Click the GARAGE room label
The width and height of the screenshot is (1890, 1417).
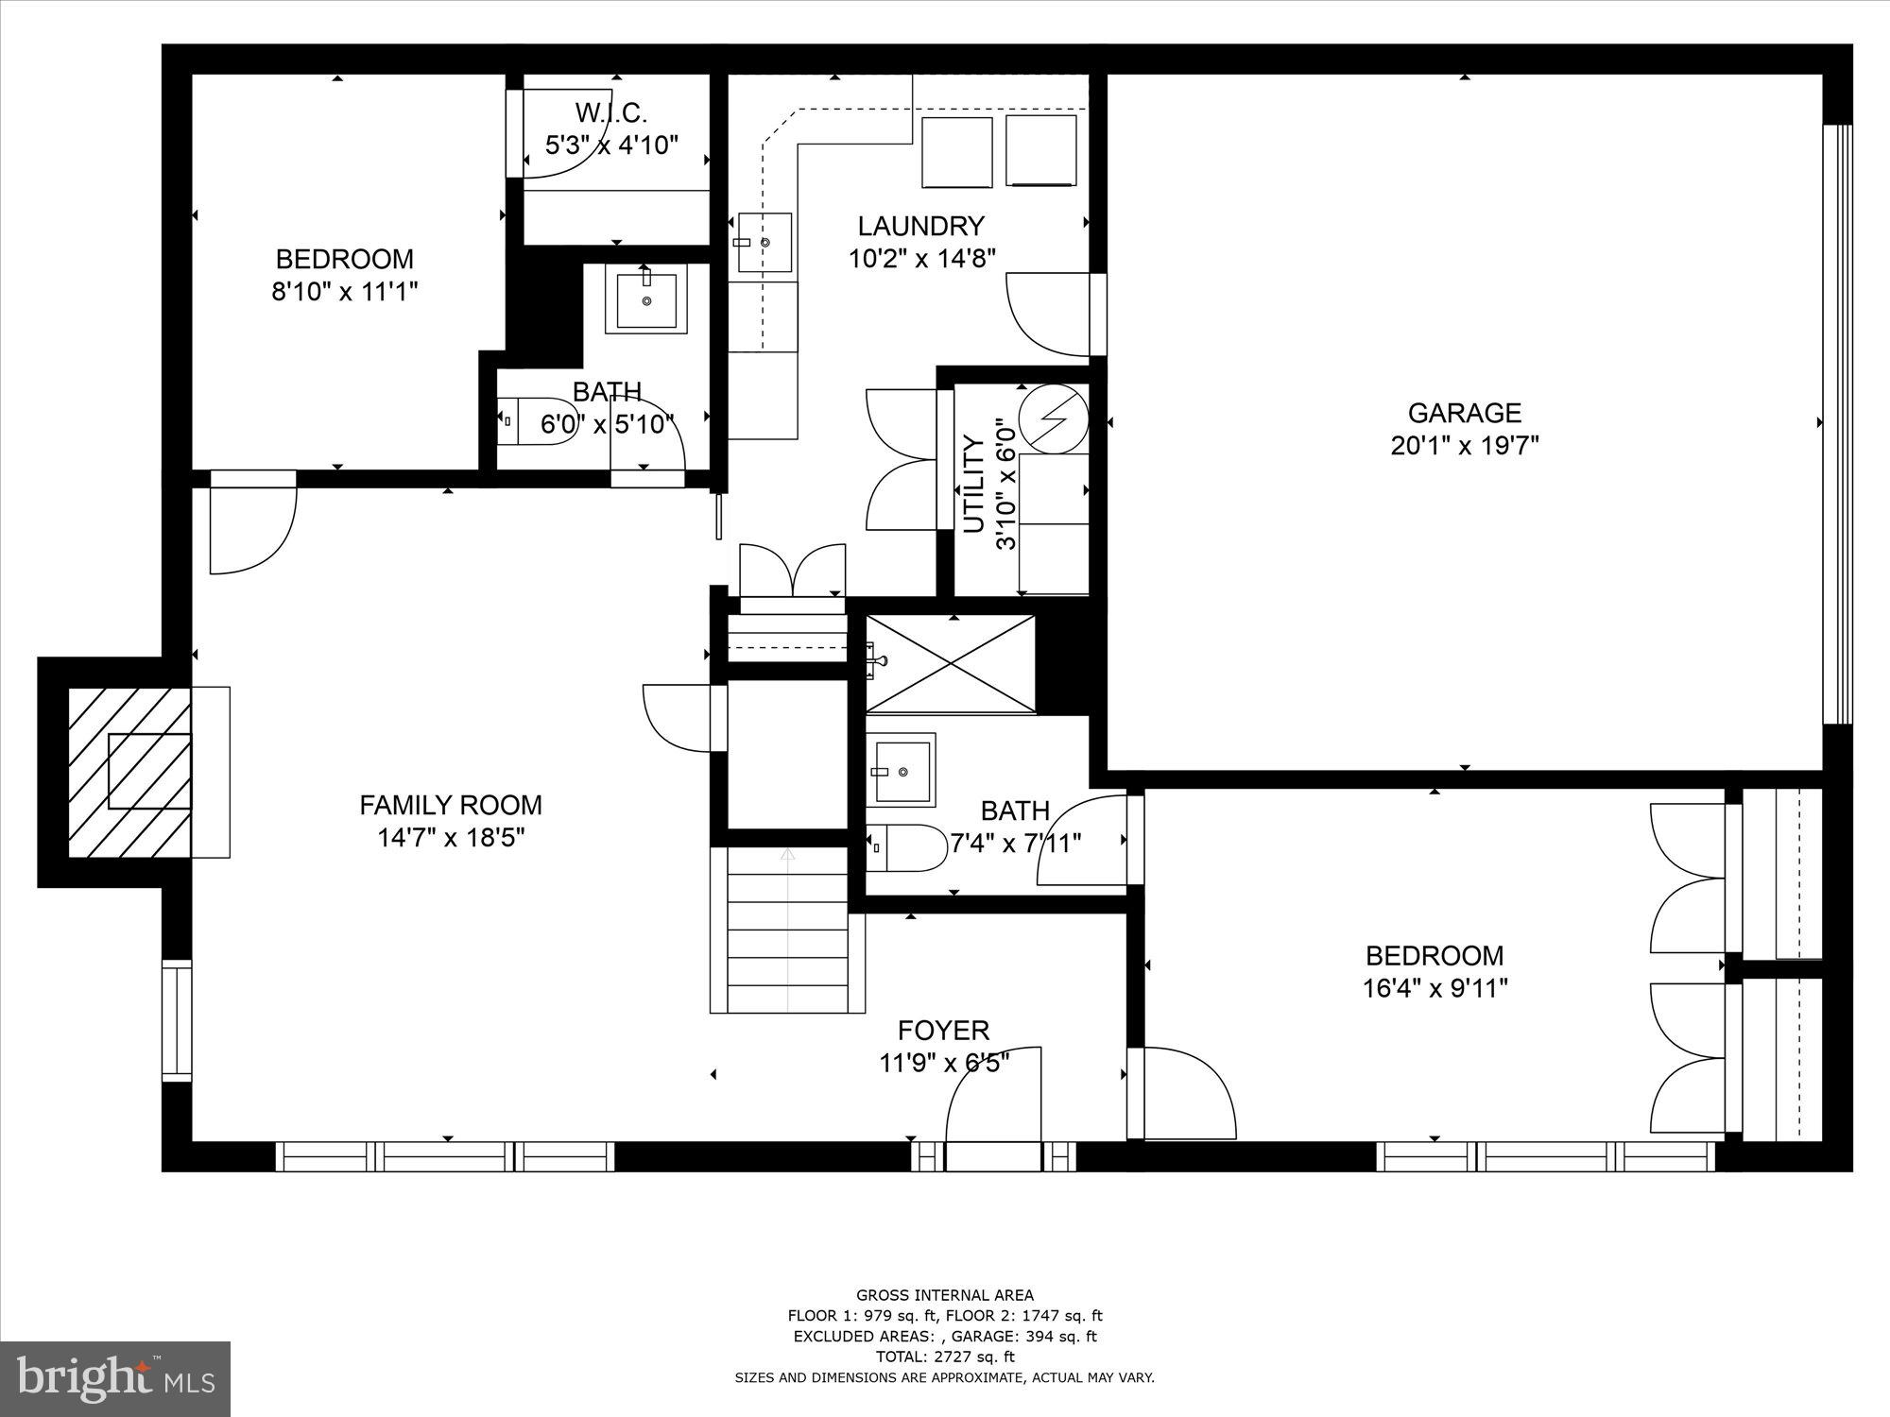pyautogui.click(x=1464, y=413)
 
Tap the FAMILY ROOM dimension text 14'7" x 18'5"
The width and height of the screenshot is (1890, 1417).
pyautogui.click(x=451, y=837)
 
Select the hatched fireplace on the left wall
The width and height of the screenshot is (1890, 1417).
pyautogui.click(x=130, y=772)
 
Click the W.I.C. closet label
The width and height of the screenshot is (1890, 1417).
pyautogui.click(x=611, y=114)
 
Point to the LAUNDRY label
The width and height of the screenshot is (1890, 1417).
pyautogui.click(x=920, y=226)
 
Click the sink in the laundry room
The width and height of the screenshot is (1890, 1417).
pyautogui.click(x=764, y=243)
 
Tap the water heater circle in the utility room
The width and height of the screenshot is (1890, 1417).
pyautogui.click(x=1054, y=418)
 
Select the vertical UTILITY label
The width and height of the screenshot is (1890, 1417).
pyautogui.click(x=974, y=485)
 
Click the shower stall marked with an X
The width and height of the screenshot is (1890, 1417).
pyautogui.click(x=950, y=663)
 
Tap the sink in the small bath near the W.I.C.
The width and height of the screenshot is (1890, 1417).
pyautogui.click(x=647, y=299)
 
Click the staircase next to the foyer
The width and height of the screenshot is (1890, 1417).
pyautogui.click(x=787, y=930)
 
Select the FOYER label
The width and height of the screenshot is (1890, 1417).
pyautogui.click(x=943, y=1030)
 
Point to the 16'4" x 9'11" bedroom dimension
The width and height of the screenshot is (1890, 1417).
pyautogui.click(x=1434, y=989)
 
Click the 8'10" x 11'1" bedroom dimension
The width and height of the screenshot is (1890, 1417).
pyautogui.click(x=344, y=292)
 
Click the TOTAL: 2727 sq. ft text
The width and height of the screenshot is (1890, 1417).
pyautogui.click(x=945, y=1357)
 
